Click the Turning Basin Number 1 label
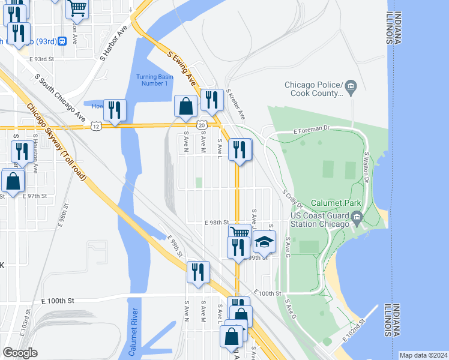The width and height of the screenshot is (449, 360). tap(151, 80)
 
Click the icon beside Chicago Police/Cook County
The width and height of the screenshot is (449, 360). tap(352, 89)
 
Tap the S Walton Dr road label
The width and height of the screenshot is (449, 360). tap(366, 166)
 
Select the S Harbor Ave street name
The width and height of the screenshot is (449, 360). tap(115, 44)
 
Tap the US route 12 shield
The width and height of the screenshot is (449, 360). tap(96, 126)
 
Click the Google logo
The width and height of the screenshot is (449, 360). tap(20, 352)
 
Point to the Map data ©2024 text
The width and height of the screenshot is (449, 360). tap(423, 355)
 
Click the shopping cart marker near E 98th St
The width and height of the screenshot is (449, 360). tap(239, 232)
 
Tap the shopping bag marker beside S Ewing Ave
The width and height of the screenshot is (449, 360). tap(186, 106)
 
